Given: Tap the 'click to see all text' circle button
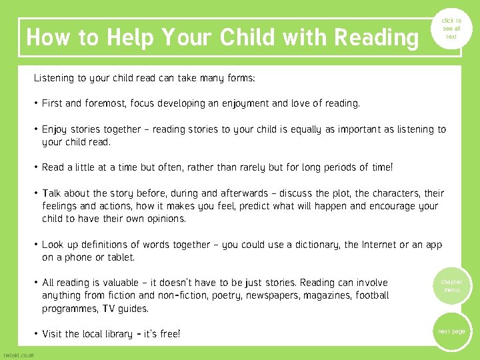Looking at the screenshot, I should [x=451, y=29].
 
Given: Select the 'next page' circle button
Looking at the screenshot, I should [x=451, y=331].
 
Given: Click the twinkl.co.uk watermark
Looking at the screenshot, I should [x=19, y=355].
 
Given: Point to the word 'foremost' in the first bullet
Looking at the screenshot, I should [x=103, y=103].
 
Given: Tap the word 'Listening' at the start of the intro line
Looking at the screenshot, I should [x=55, y=78].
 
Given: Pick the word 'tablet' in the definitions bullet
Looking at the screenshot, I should [x=118, y=257].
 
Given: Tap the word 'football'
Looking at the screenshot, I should [x=372, y=295].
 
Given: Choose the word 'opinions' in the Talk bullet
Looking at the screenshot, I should [x=164, y=219].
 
